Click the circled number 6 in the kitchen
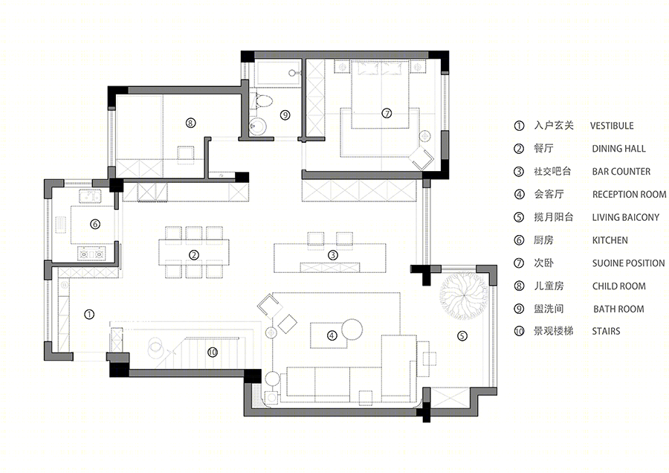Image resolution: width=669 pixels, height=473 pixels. (x=95, y=224)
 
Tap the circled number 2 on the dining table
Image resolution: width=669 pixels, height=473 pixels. (x=194, y=255)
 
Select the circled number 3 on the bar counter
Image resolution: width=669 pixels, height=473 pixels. (x=333, y=255)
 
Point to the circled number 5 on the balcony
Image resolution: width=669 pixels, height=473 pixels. (x=462, y=336)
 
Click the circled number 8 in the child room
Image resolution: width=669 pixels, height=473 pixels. (x=191, y=123)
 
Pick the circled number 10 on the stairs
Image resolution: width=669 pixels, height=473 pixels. (x=213, y=353)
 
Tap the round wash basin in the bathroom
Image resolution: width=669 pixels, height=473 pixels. (x=258, y=126)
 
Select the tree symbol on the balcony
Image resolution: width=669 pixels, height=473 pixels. (x=464, y=296)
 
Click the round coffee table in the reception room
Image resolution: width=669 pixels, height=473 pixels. (x=352, y=329)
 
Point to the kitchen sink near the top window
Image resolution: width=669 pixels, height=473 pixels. (x=90, y=197)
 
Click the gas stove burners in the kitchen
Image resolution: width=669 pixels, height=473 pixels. (x=91, y=254)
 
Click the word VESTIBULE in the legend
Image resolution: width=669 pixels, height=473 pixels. (x=612, y=126)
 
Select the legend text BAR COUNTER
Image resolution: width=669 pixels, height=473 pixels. (x=621, y=172)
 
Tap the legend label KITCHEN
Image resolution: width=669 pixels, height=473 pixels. (x=610, y=240)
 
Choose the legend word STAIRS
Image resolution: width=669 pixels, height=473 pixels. (x=606, y=331)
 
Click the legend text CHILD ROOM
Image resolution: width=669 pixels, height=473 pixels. (x=618, y=286)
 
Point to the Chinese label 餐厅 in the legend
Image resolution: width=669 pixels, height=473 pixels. (x=543, y=149)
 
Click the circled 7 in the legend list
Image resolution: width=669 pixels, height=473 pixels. (x=519, y=263)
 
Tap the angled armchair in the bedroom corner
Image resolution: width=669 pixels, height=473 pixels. (x=422, y=158)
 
